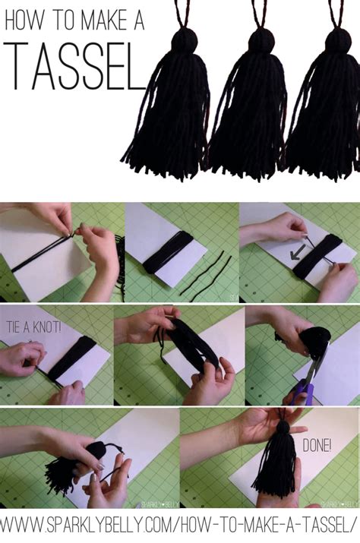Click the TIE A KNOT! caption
34,327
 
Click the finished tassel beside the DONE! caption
277,463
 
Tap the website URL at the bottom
180,525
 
